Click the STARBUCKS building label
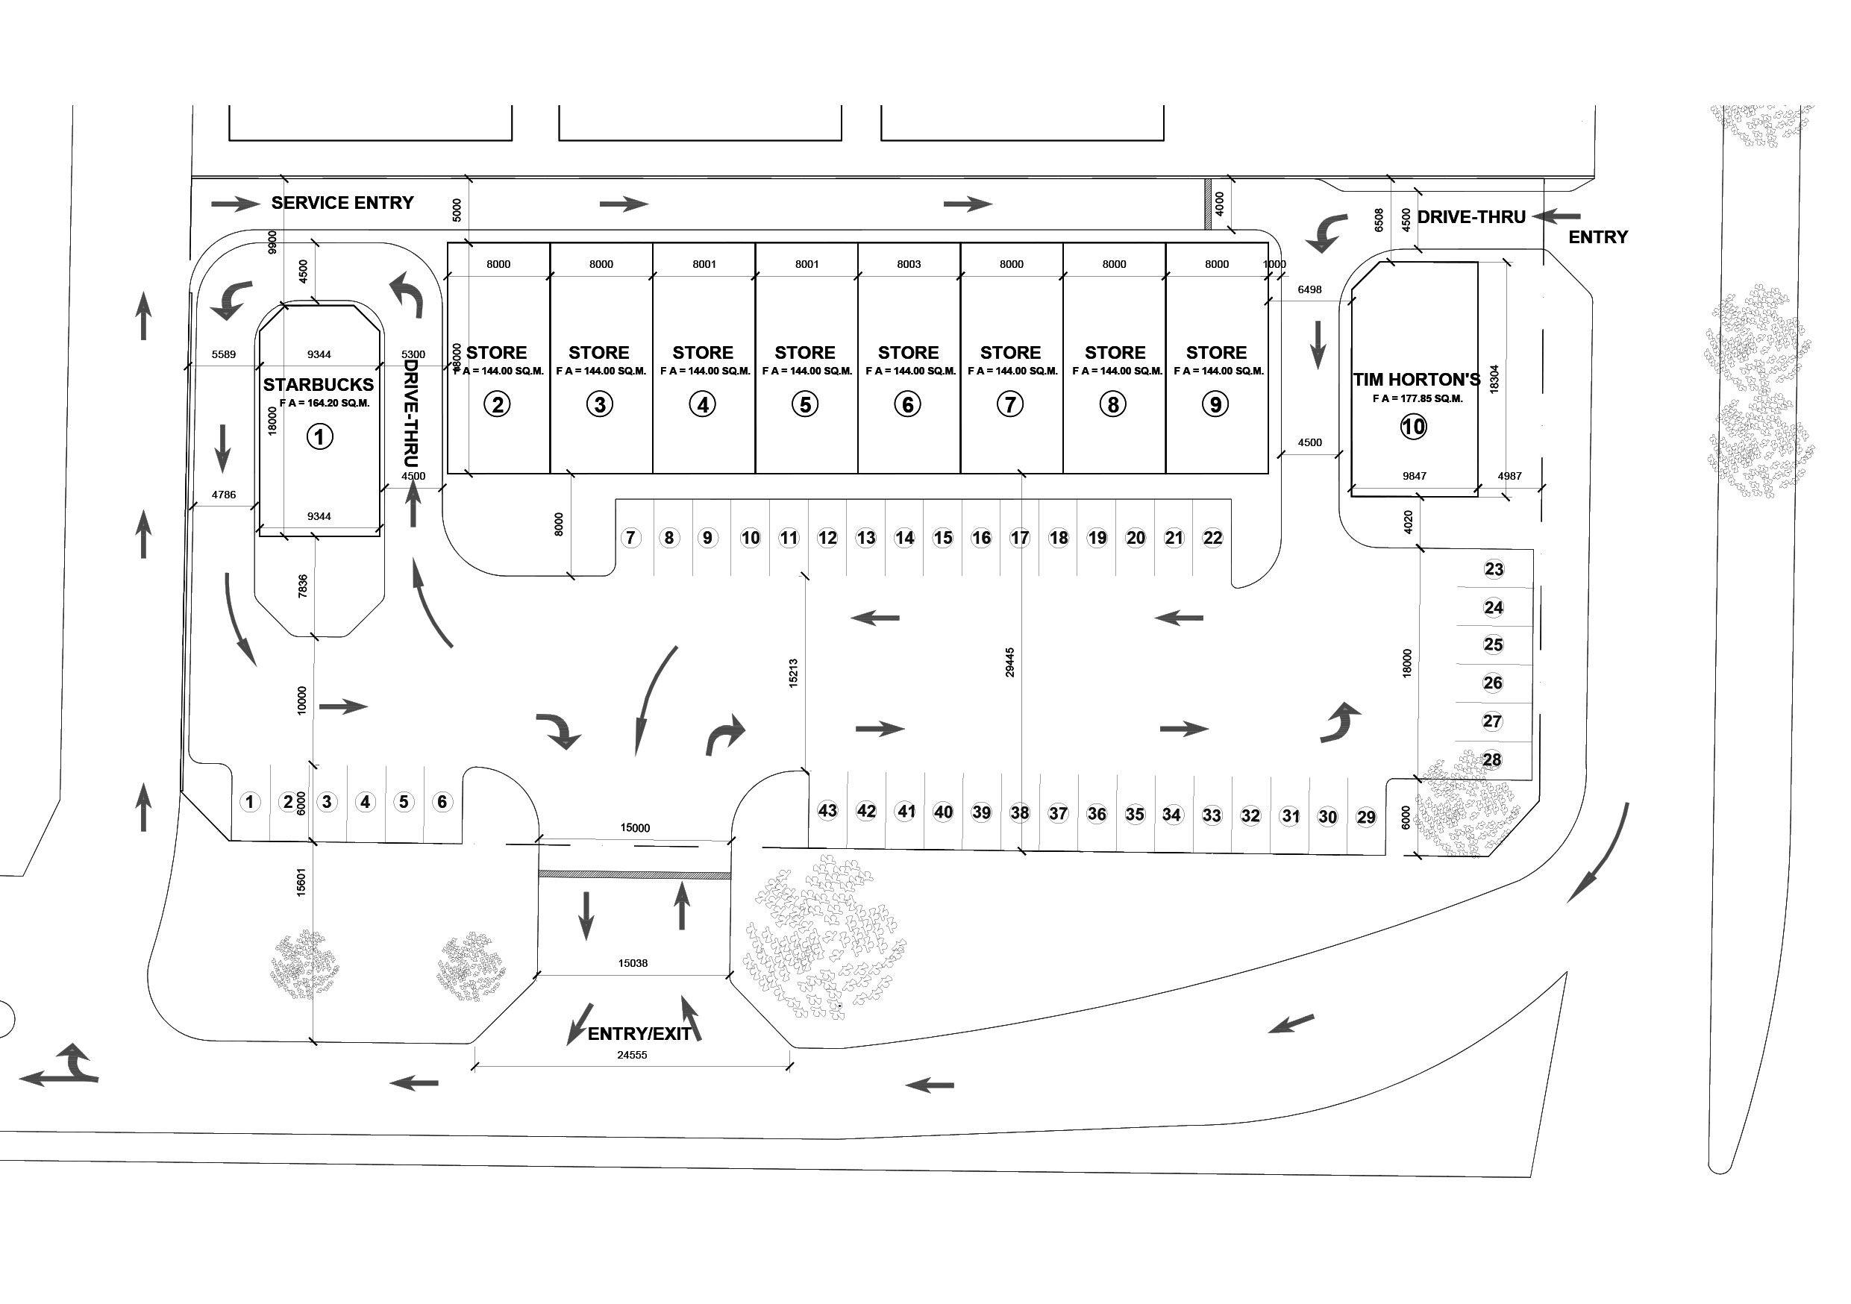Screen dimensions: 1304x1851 pyautogui.click(x=319, y=385)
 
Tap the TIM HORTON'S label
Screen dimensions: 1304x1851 pyautogui.click(x=1417, y=380)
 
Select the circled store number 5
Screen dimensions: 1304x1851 pyautogui.click(x=805, y=404)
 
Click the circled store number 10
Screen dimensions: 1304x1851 pyautogui.click(x=1413, y=427)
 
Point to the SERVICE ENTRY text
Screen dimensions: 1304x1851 pyautogui.click(x=342, y=203)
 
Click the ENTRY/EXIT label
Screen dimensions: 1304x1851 pyautogui.click(x=639, y=1034)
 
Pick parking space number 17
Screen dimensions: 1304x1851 pyautogui.click(x=1020, y=538)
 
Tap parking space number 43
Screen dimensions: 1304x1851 pyautogui.click(x=828, y=810)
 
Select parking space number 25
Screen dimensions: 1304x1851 pyautogui.click(x=1493, y=645)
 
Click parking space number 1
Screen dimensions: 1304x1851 pyautogui.click(x=250, y=802)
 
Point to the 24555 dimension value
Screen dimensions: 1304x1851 pyautogui.click(x=632, y=1055)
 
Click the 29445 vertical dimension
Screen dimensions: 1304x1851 pyautogui.click(x=1010, y=662)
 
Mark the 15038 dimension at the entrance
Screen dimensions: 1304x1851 pyautogui.click(x=633, y=963)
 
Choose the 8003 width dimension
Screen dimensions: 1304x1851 pyautogui.click(x=909, y=264)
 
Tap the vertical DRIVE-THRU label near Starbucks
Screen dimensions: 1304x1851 pyautogui.click(x=410, y=413)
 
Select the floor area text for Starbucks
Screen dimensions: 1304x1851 pyautogui.click(x=324, y=404)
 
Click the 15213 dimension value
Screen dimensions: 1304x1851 pyautogui.click(x=793, y=673)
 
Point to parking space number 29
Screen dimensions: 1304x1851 pyautogui.click(x=1365, y=817)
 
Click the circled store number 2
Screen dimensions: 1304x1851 pyautogui.click(x=498, y=404)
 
